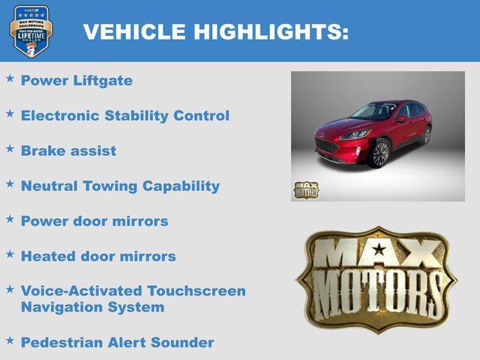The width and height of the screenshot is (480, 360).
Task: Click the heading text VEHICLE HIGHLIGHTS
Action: point(216,31)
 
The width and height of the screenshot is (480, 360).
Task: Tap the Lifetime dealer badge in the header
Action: point(31,31)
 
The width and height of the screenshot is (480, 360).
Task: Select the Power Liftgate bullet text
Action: point(76,80)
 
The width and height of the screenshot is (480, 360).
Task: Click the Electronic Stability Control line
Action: point(125,115)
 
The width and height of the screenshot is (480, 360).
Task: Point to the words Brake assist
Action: point(68,151)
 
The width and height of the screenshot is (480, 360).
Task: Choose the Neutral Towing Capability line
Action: point(120,186)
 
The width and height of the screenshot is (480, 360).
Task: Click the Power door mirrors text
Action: point(94,221)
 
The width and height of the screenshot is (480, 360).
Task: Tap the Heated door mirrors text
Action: point(98,256)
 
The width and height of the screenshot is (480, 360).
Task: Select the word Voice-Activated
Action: point(82,291)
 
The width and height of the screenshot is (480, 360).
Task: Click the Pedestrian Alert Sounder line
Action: point(117,343)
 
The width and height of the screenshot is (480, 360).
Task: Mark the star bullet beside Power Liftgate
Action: point(10,78)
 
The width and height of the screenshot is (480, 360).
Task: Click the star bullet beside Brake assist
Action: point(10,148)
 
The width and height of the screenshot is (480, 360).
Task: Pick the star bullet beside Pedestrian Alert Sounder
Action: point(10,340)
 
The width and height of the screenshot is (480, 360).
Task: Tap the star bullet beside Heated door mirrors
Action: point(10,254)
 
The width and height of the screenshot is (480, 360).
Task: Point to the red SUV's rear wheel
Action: point(426,135)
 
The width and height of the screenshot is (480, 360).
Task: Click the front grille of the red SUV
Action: point(327,145)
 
